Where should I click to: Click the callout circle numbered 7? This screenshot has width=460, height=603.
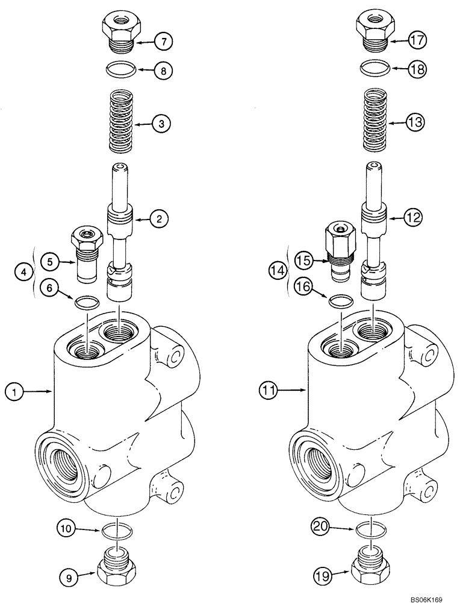(x=163, y=42)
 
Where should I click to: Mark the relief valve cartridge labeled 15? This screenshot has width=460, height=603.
(x=339, y=252)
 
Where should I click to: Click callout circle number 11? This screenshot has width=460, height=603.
(x=268, y=391)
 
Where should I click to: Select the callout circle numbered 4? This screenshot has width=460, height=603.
(x=22, y=272)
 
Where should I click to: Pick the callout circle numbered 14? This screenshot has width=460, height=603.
(x=278, y=272)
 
